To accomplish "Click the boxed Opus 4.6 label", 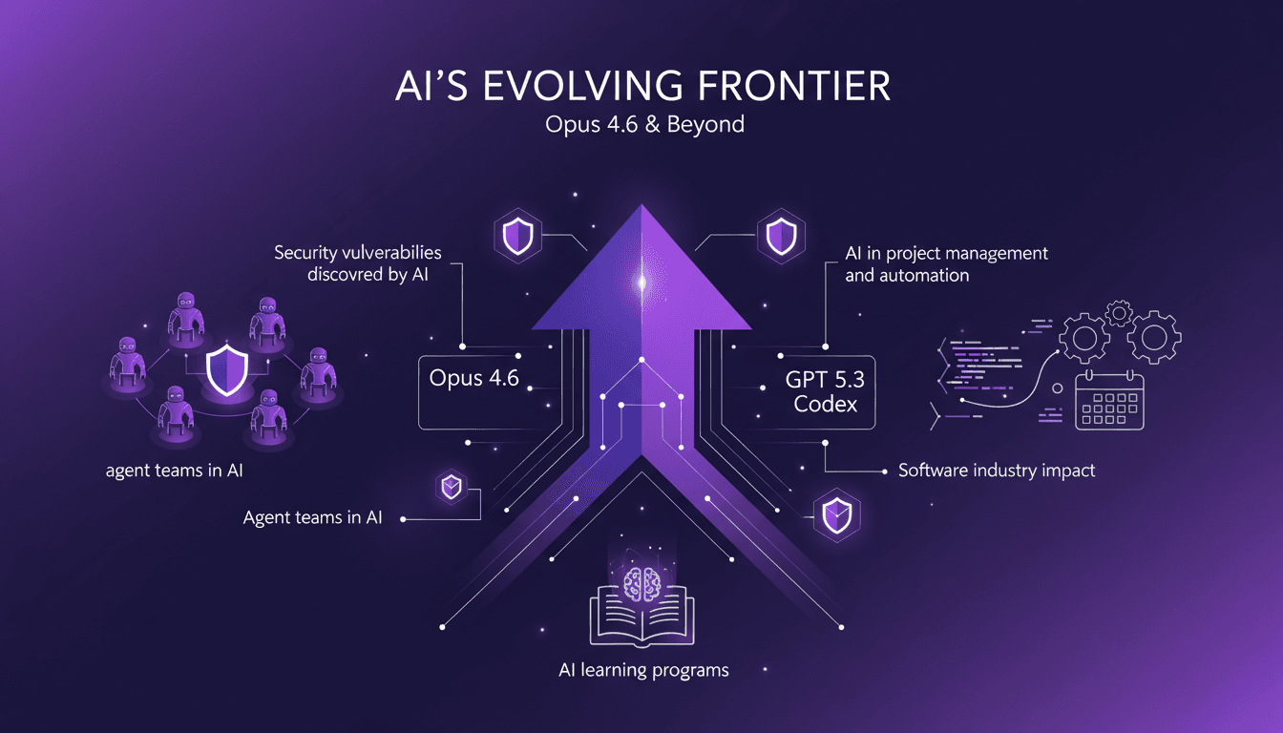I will [x=473, y=378].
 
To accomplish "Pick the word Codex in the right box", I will [x=826, y=404].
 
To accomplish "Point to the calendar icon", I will [x=1109, y=401].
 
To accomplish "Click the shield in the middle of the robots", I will [x=227, y=370].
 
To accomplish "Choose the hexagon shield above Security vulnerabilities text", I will [x=518, y=236].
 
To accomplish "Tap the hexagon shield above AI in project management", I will [x=782, y=236].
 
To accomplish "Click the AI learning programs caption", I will [x=642, y=670].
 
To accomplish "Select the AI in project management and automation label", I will [x=946, y=264].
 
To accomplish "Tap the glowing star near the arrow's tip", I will [x=641, y=281].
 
